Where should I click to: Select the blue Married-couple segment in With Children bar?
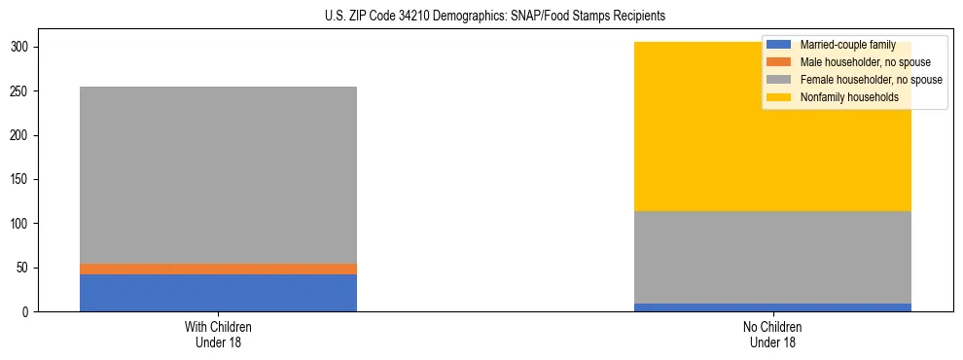(x=218, y=293)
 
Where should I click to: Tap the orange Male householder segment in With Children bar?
(x=218, y=269)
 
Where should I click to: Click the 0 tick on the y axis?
(x=26, y=312)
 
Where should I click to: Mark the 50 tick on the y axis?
(x=23, y=268)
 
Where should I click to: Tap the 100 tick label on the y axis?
(x=20, y=224)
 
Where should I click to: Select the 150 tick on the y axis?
(x=20, y=180)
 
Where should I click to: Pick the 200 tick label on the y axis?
(x=20, y=135)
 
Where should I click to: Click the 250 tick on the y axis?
(x=20, y=91)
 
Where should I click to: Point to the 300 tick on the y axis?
(x=20, y=48)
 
